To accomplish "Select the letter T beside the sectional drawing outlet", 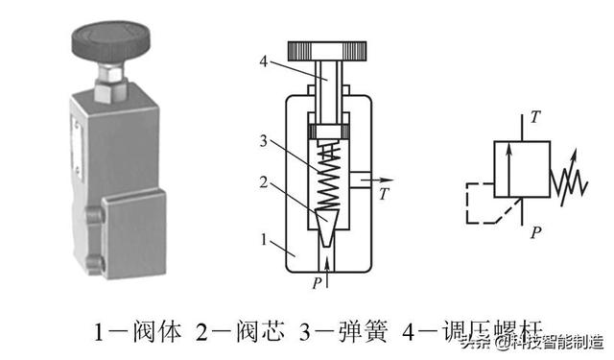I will coord(383,195).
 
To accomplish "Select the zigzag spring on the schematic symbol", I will coord(568,177).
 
